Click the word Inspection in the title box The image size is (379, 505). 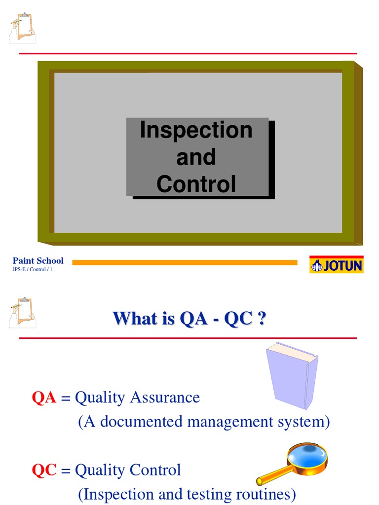[x=196, y=130]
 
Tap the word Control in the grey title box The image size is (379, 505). [x=196, y=184]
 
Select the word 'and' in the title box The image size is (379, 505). [x=196, y=157]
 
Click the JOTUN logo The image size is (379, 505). [x=336, y=265]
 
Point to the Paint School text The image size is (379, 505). [x=38, y=261]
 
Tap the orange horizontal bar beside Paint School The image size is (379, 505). [x=185, y=262]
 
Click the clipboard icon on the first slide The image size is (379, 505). [x=22, y=29]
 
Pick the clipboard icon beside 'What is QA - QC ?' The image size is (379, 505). [x=22, y=312]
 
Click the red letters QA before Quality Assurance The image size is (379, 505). [x=44, y=398]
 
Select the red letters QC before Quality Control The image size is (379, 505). [x=44, y=470]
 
